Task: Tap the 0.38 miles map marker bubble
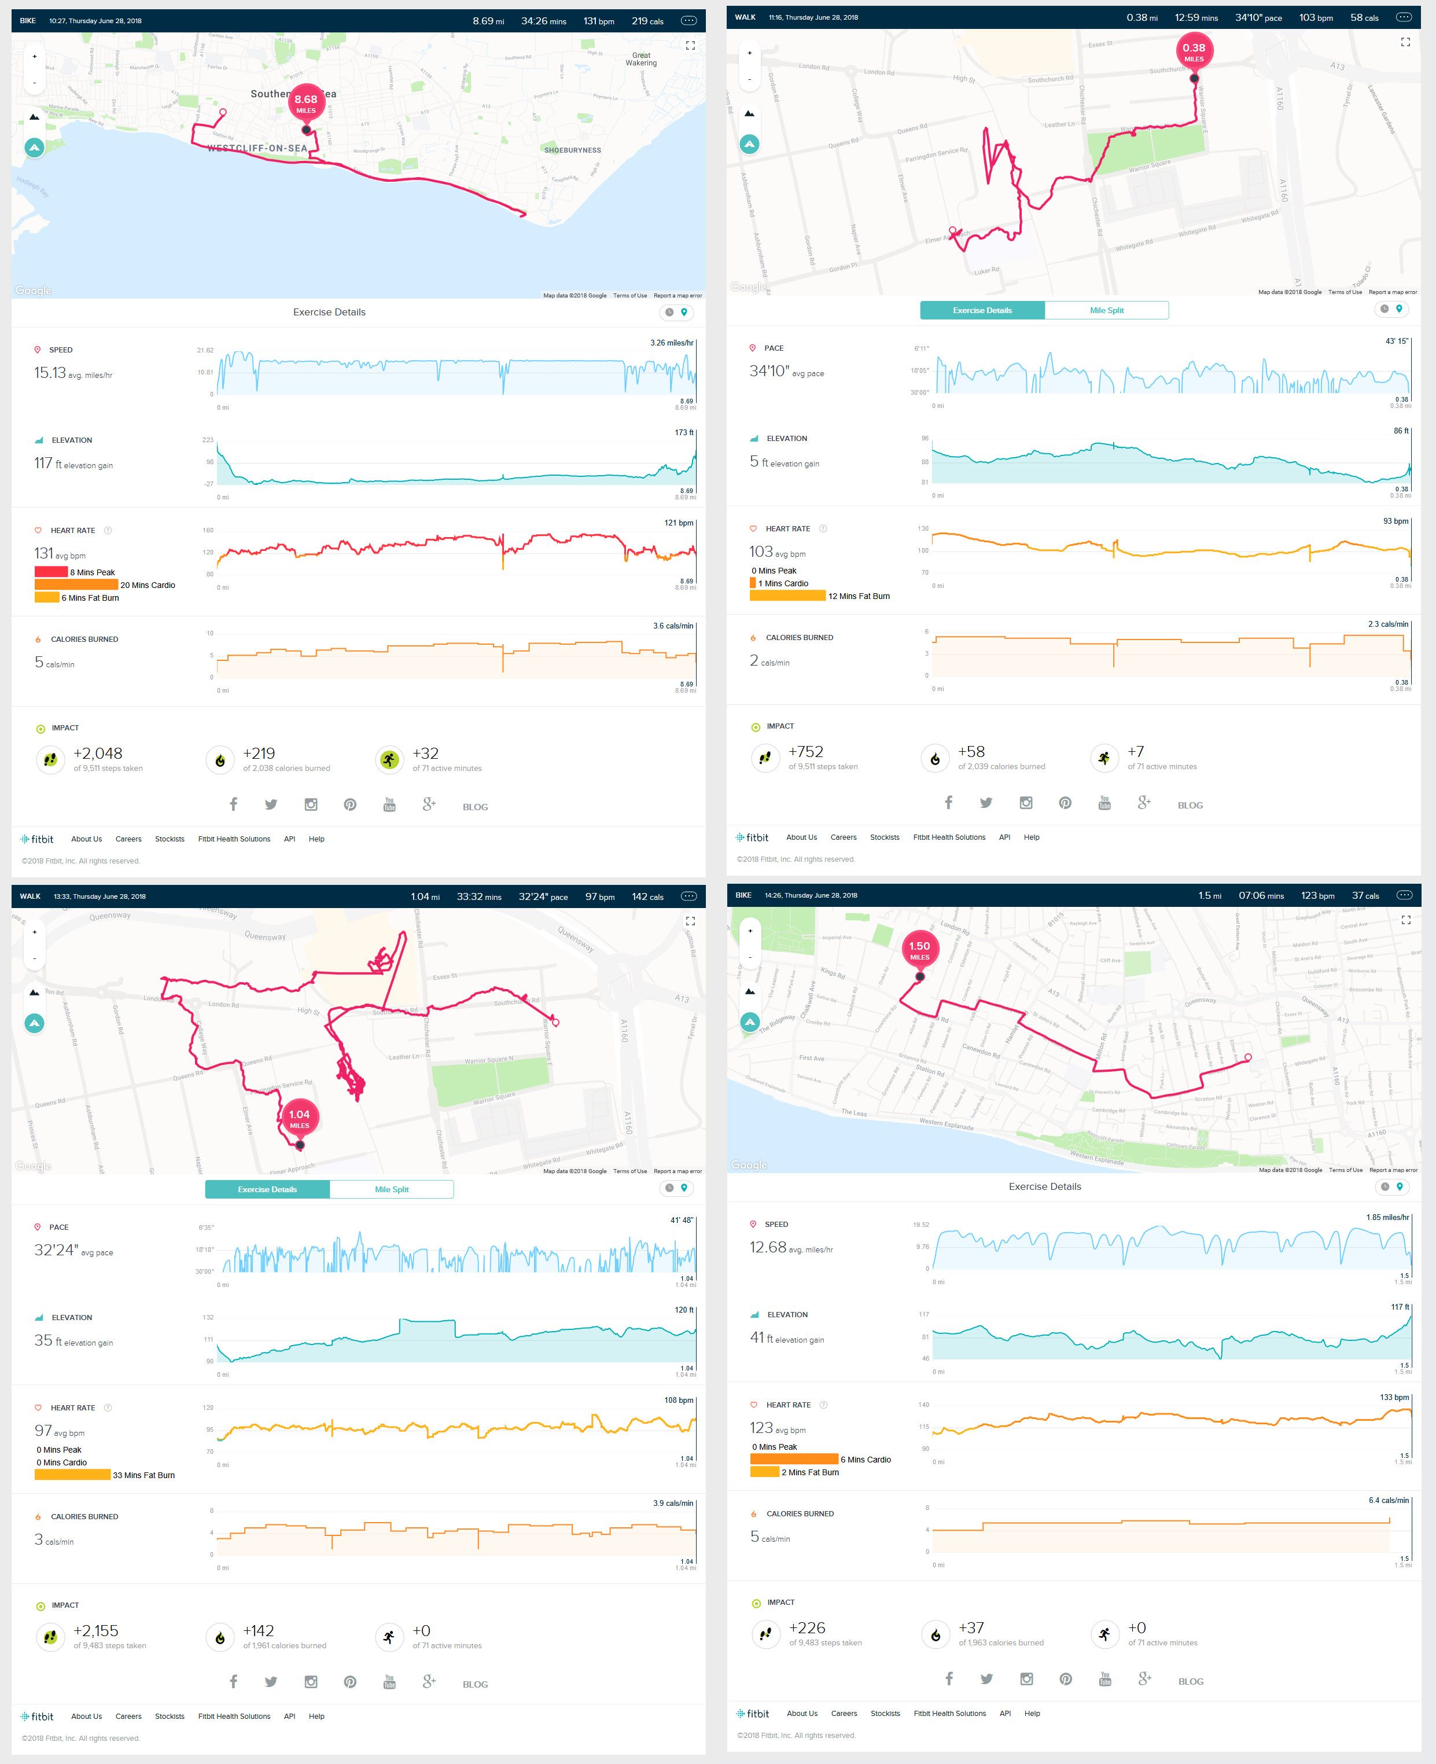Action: point(1194,52)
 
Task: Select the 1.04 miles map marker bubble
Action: point(300,1118)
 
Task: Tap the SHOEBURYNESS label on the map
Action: point(572,150)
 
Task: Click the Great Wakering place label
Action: point(641,59)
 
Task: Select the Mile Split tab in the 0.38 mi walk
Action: point(1106,310)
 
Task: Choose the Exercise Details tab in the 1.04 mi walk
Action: point(267,1189)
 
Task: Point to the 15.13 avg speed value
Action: point(50,373)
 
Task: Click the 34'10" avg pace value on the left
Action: point(768,372)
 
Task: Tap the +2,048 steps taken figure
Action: point(98,753)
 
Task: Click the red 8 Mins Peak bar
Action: point(50,572)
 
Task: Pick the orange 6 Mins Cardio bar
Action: point(794,1458)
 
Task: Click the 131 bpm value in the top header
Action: point(598,21)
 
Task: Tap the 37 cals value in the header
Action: point(1365,895)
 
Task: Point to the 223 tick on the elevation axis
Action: point(208,440)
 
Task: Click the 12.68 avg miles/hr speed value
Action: point(768,1247)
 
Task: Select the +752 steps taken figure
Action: point(806,751)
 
